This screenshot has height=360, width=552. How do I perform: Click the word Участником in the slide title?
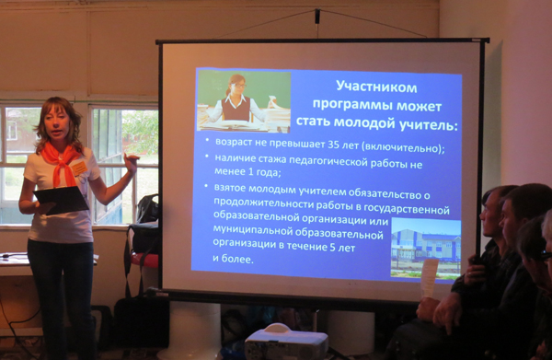tap(376, 87)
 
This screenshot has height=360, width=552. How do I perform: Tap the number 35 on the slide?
tap(334, 145)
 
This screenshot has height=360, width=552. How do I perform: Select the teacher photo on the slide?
tap(244, 100)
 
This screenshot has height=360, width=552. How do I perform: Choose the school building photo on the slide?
tap(426, 247)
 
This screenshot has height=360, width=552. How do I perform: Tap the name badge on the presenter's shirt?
tap(79, 168)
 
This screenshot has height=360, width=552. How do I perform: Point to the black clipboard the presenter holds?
tap(61, 200)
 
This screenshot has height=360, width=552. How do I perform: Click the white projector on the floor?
tap(286, 342)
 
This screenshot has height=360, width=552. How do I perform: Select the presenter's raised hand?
tap(132, 162)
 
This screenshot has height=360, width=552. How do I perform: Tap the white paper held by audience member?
tap(429, 277)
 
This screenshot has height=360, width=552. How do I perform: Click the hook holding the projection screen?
tap(317, 17)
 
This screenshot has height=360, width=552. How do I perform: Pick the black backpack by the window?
tap(148, 208)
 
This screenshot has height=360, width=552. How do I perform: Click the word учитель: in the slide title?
tap(428, 123)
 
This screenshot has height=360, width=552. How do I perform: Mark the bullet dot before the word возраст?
tap(207, 139)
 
